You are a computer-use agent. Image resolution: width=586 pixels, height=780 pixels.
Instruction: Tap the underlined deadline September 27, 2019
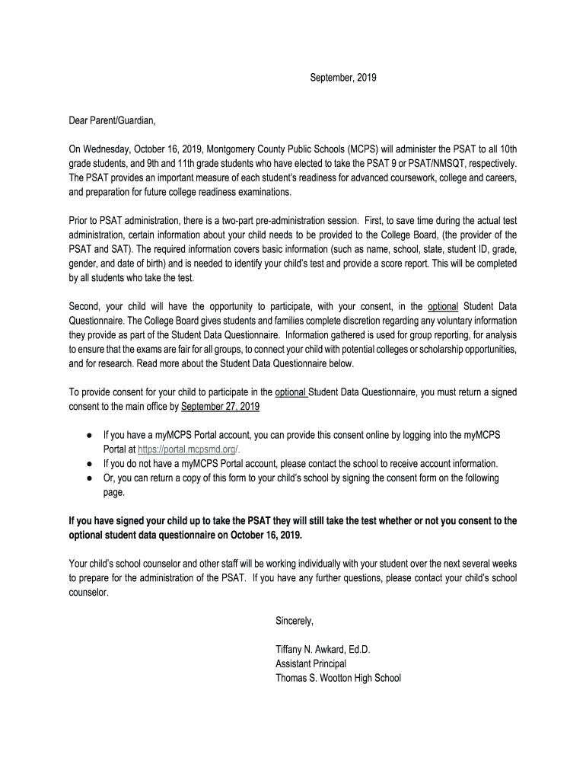pyautogui.click(x=220, y=407)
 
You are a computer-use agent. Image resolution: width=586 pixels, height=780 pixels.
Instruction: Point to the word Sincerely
pyautogui.click(x=295, y=621)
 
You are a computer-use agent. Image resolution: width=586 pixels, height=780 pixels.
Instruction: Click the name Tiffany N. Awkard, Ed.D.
pyautogui.click(x=323, y=650)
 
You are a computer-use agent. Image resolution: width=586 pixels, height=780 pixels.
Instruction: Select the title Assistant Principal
pyautogui.click(x=311, y=663)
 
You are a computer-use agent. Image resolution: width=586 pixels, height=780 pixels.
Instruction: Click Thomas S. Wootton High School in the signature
pyautogui.click(x=338, y=678)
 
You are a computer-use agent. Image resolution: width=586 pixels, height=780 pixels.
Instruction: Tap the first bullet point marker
pyautogui.click(x=89, y=435)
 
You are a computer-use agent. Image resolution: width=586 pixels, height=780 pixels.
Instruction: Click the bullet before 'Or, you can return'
pyautogui.click(x=89, y=478)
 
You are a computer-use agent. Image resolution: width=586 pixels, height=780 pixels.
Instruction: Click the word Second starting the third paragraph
pyautogui.click(x=84, y=307)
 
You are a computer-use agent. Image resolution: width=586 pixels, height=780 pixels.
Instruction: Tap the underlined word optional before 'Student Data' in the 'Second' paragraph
pyautogui.click(x=443, y=307)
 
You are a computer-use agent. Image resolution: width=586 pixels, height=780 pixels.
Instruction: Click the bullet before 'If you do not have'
pyautogui.click(x=89, y=464)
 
